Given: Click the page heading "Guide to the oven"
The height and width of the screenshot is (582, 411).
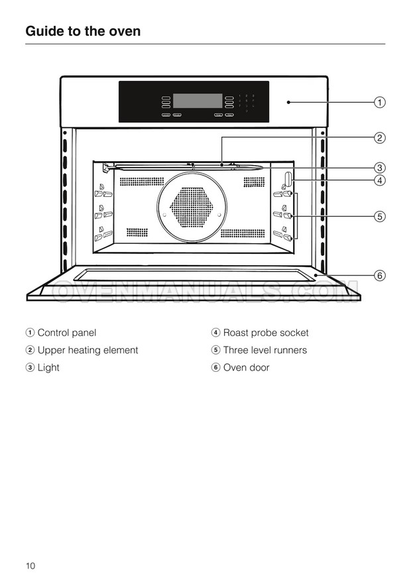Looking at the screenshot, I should click(x=83, y=31).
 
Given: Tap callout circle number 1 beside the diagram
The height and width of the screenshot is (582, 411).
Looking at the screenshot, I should click(x=379, y=102).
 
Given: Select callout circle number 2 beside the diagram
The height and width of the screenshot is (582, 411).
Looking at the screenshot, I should click(x=379, y=138).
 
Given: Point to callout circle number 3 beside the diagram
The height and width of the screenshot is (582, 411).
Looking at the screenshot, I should click(x=379, y=167).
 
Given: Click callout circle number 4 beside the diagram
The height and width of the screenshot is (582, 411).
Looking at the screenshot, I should click(x=379, y=180).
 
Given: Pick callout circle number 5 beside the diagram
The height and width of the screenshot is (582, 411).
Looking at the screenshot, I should click(x=379, y=215).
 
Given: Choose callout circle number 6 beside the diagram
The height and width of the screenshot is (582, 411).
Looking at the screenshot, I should click(x=379, y=275).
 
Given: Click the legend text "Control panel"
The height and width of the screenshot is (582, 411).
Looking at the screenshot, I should click(x=66, y=333).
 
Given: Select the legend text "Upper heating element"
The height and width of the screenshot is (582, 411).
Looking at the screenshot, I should click(x=88, y=350).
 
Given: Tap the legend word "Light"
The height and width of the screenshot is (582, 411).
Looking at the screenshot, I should click(x=48, y=367).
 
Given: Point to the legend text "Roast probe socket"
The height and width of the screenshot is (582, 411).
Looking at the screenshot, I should click(x=265, y=333).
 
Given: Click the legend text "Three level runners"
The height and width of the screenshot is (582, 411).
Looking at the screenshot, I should click(x=264, y=350).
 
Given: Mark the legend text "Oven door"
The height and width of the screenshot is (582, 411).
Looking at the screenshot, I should click(x=246, y=367).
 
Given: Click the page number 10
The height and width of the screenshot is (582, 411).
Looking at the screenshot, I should click(x=30, y=565).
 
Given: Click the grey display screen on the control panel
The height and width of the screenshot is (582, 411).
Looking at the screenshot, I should click(x=198, y=101).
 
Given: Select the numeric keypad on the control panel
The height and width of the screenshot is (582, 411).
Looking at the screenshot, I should click(x=246, y=103).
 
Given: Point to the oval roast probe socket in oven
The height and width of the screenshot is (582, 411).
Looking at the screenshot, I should click(x=288, y=179).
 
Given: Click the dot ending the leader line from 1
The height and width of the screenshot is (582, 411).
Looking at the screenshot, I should click(x=289, y=102).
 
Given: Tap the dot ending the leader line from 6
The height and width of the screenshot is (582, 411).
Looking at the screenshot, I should click(x=317, y=275).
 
